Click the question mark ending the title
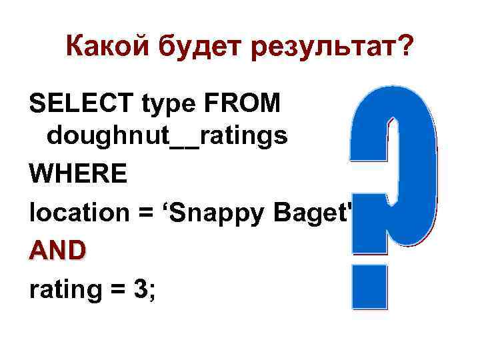(x=403, y=47)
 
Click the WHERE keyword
(x=78, y=175)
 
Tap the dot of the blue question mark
(x=370, y=286)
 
